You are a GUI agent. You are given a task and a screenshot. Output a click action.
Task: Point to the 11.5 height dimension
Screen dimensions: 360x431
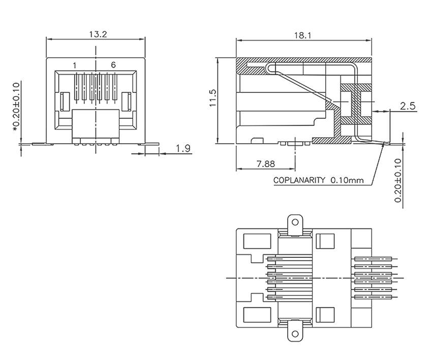[x=213, y=99]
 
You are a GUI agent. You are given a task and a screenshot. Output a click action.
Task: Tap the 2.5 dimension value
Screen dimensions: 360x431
[x=408, y=106]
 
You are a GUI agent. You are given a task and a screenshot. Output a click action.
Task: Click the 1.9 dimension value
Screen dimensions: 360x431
[x=183, y=148]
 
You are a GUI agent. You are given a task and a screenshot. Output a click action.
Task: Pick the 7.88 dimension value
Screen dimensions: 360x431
[x=266, y=163]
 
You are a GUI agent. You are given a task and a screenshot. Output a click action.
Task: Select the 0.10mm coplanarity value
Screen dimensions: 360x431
[x=347, y=180]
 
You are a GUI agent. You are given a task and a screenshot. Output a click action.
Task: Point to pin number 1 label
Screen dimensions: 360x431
[x=74, y=65]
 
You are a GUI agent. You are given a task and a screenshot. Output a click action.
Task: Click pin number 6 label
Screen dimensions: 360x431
[x=113, y=65]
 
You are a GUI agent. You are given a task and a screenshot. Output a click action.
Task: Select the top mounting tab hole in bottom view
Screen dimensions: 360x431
[x=293, y=222]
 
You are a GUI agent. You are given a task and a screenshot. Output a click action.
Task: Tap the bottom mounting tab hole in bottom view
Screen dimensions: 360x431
[x=293, y=334]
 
